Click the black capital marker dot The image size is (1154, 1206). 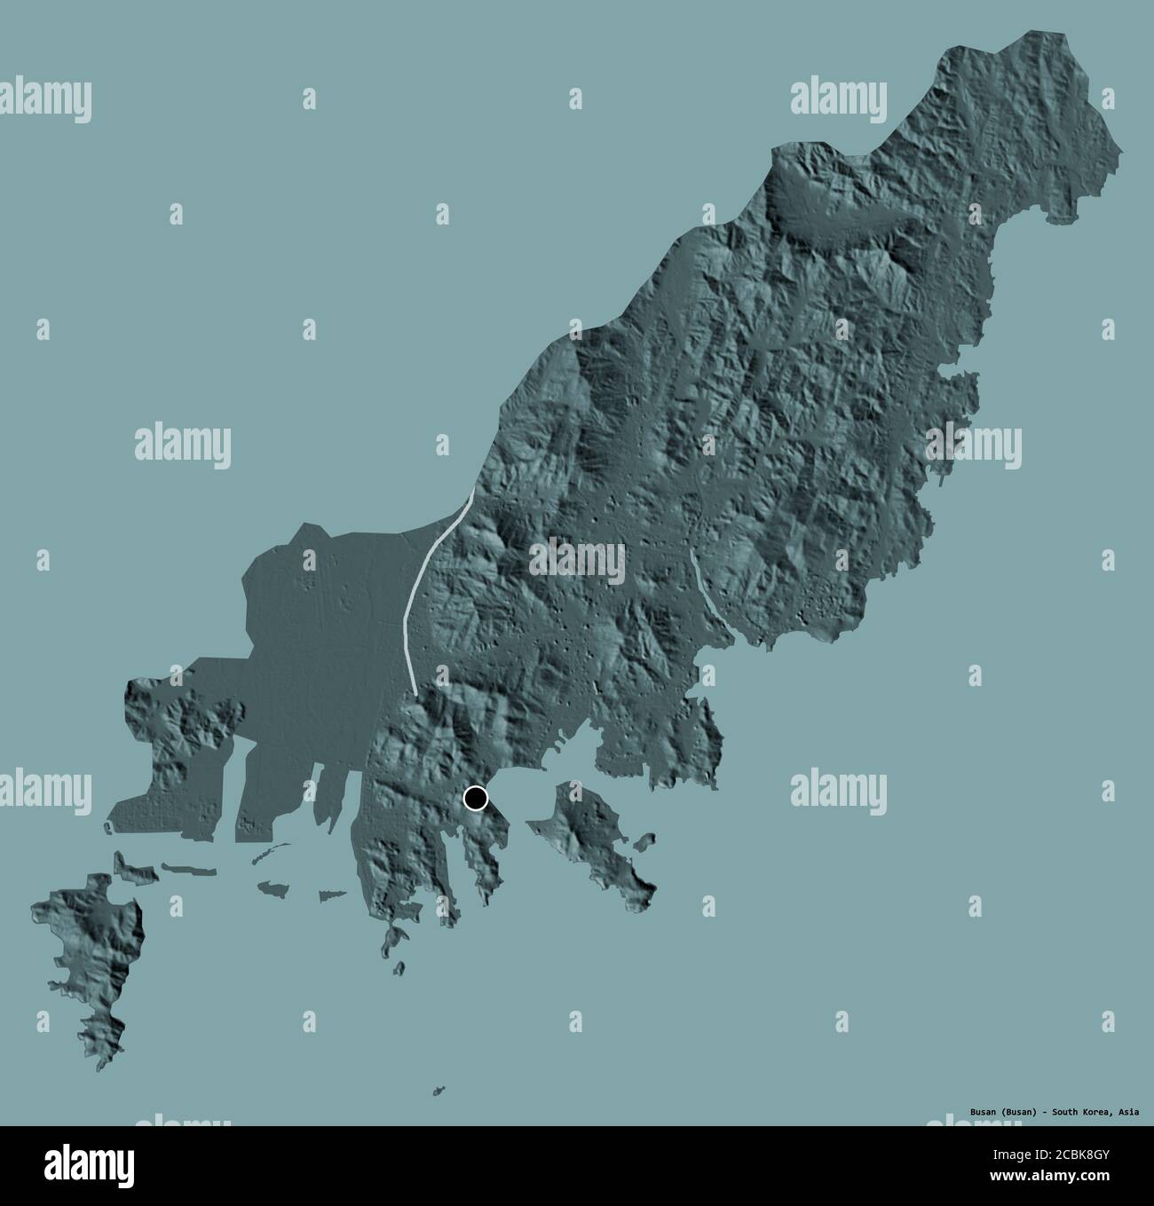point(477,799)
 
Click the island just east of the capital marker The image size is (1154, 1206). point(595,834)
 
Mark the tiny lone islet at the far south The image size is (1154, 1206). point(439,1091)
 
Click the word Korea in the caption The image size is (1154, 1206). point(1095,1110)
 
